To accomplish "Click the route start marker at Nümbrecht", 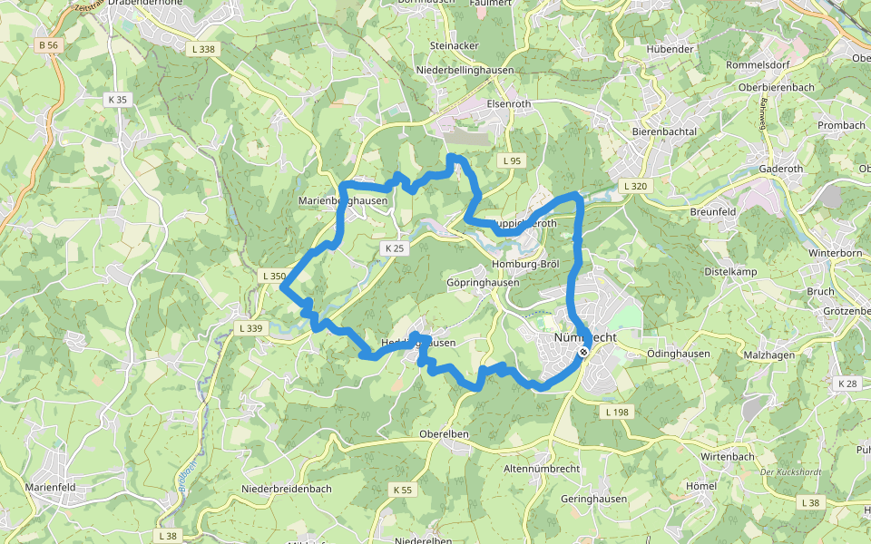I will tap(583, 351).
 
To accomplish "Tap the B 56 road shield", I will tap(48, 44).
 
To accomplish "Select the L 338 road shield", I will tap(205, 49).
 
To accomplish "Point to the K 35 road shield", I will tap(117, 100).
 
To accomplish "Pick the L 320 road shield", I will tap(636, 186).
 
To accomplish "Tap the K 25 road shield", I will tap(393, 248).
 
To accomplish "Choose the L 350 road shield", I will tap(273, 276).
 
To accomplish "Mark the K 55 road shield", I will tap(402, 490).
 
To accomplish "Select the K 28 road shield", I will tap(847, 384).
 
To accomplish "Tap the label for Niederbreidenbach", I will tap(287, 489).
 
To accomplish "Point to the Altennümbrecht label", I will tap(542, 469).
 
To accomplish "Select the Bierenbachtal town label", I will tap(664, 131).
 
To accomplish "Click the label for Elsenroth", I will tap(509, 103).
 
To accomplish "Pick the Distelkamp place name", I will tap(730, 271).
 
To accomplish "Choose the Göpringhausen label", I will tap(483, 282).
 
